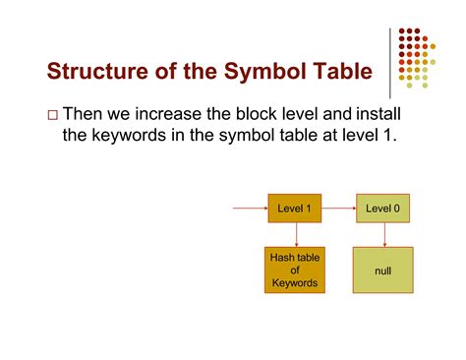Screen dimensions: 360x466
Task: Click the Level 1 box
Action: coord(294,209)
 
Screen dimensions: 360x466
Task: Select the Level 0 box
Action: coord(382,209)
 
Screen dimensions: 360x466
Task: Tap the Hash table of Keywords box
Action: coord(294,270)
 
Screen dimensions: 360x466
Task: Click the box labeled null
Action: coord(382,270)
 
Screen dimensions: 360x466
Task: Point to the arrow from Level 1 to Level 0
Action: coord(338,209)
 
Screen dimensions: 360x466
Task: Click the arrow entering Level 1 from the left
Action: coord(249,209)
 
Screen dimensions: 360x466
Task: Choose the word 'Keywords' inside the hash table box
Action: coord(294,284)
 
